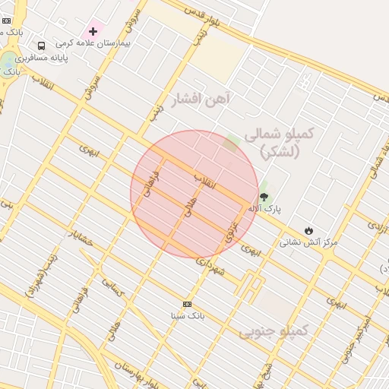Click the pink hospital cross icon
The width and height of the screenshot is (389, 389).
pos(93,31)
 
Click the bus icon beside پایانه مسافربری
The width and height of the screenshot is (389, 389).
pos(40,46)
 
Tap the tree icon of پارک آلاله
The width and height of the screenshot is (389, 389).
pos(264,197)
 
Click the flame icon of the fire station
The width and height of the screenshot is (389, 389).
pos(308,230)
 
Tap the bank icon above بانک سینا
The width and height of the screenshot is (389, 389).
pos(188,304)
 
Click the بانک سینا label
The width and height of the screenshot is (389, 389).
pos(187,315)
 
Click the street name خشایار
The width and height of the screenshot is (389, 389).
pos(80,238)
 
